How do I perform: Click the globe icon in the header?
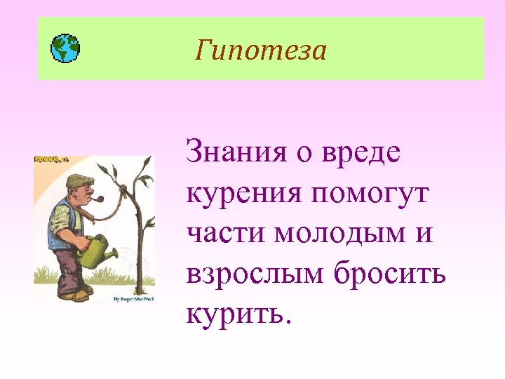point(66,48)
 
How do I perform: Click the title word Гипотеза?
point(261,50)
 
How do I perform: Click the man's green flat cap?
point(79,180)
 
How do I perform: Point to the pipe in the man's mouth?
point(98,199)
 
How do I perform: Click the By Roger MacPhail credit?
point(133,299)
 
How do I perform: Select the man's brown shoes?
point(74,294)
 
